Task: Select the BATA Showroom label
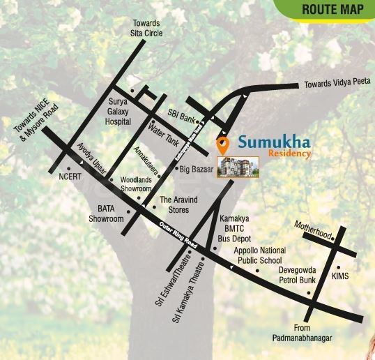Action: (x=105, y=213)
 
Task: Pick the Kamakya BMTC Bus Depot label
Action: (x=235, y=228)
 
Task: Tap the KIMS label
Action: (x=341, y=276)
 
